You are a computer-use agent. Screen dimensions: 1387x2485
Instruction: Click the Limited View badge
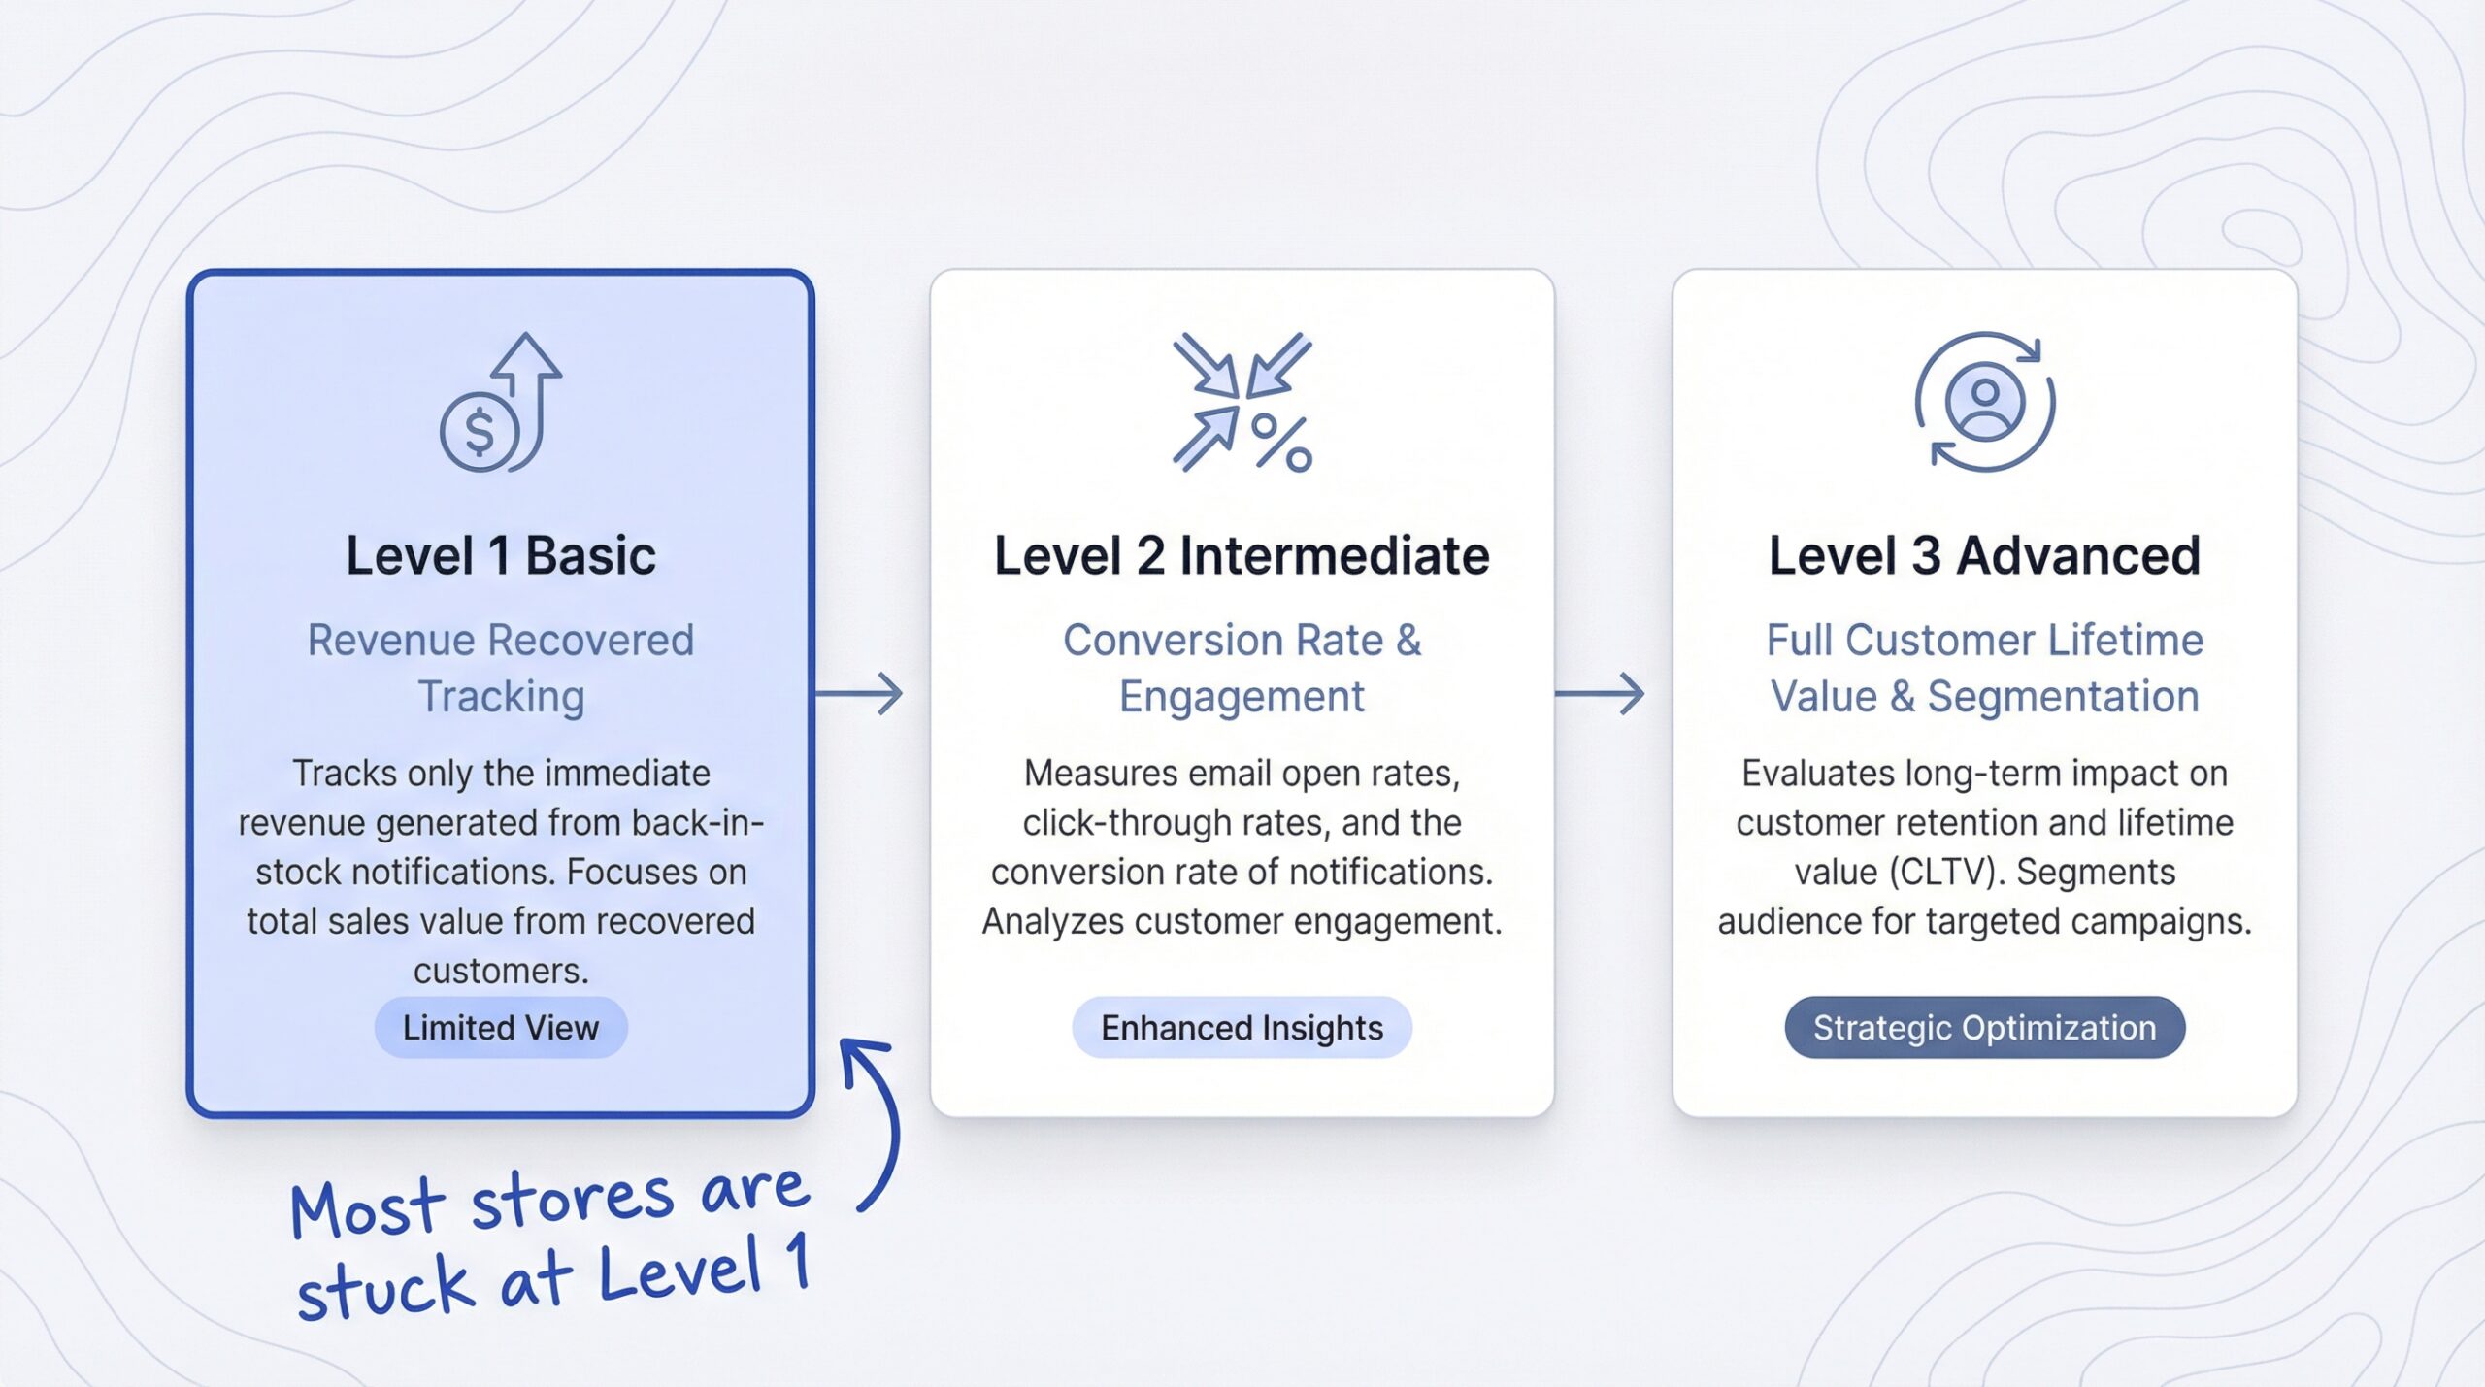pyautogui.click(x=501, y=1027)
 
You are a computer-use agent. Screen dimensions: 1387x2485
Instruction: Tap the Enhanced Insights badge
pyautogui.click(x=1242, y=1027)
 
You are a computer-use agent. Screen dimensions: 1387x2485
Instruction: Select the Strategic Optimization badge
pyautogui.click(x=1984, y=1027)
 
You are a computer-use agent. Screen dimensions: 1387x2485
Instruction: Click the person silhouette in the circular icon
pyautogui.click(x=1985, y=403)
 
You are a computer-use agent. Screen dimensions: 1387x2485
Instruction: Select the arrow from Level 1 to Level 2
pyautogui.click(x=859, y=693)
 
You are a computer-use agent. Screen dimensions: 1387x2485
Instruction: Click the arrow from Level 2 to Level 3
pyautogui.click(x=1600, y=693)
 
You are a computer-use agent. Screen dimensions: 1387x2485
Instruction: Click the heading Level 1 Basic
pyautogui.click(x=501, y=556)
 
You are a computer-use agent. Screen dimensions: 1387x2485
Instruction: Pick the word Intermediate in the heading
pyautogui.click(x=1335, y=556)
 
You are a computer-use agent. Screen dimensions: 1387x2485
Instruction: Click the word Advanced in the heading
pyautogui.click(x=2078, y=556)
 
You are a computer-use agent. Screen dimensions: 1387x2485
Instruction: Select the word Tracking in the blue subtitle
pyautogui.click(x=501, y=697)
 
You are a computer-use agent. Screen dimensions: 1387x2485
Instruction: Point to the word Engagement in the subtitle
pyautogui.click(x=1242, y=697)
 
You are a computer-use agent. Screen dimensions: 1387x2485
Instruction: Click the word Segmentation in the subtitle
pyautogui.click(x=2063, y=697)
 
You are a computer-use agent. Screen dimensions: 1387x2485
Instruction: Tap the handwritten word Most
pyautogui.click(x=367, y=1208)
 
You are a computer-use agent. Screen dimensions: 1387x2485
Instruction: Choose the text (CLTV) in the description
pyautogui.click(x=1947, y=872)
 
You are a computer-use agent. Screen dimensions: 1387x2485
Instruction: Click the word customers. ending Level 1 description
pyautogui.click(x=501, y=971)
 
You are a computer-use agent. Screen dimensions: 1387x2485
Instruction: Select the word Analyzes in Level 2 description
pyautogui.click(x=1053, y=921)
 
